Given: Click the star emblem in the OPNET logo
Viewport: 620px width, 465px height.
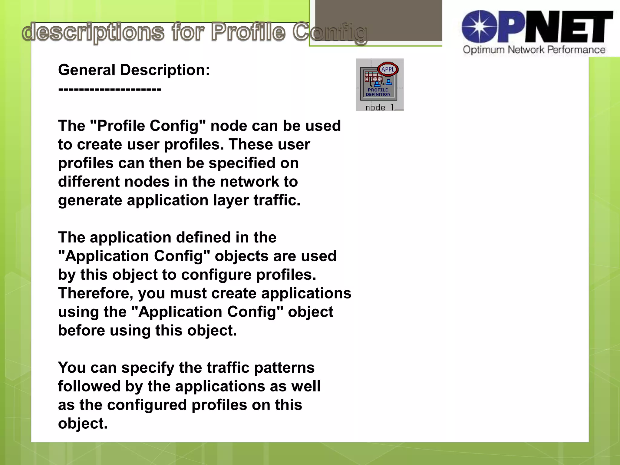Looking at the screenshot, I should pyautogui.click(x=480, y=27).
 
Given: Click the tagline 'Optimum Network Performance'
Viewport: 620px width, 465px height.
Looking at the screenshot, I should pyautogui.click(x=534, y=50).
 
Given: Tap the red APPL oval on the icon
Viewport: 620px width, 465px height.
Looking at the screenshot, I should pyautogui.click(x=388, y=69).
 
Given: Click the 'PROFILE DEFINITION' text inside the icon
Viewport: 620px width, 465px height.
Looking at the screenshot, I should pyautogui.click(x=378, y=92).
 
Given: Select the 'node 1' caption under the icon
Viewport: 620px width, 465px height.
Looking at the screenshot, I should pyautogui.click(x=380, y=107).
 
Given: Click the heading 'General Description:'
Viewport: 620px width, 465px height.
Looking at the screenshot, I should pyautogui.click(x=134, y=70).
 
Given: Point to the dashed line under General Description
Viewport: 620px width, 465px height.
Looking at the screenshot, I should pyautogui.click(x=110, y=89).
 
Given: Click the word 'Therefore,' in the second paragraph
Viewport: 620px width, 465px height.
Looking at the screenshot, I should pyautogui.click(x=96, y=293).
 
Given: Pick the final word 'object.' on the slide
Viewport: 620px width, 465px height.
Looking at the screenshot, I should pyautogui.click(x=83, y=424).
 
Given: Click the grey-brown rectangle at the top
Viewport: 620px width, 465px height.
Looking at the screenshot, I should pyautogui.click(x=378, y=20).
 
